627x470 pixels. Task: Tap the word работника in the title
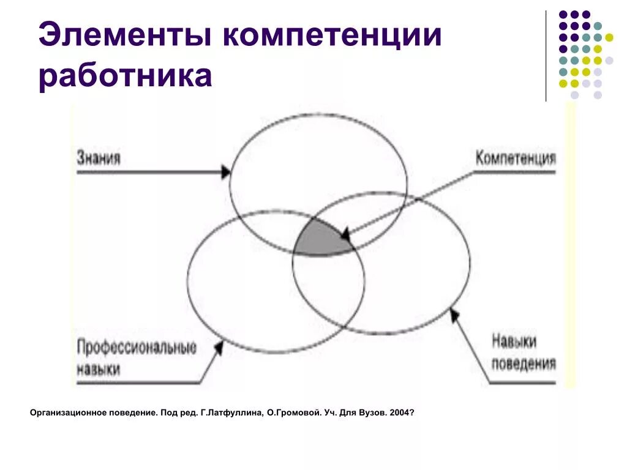click(x=126, y=78)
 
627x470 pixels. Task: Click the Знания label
click(x=99, y=158)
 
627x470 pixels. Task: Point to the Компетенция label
click(x=516, y=158)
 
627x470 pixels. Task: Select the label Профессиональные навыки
click(x=137, y=358)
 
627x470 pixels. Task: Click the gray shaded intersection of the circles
click(x=322, y=241)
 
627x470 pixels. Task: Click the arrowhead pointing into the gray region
click(x=345, y=234)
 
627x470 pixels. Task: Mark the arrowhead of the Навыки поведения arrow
click(x=454, y=314)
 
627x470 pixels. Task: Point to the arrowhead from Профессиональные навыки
click(x=217, y=348)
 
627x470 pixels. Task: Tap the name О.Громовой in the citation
click(x=291, y=413)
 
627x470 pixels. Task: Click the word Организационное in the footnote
click(x=64, y=413)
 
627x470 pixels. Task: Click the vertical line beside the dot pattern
click(x=546, y=55)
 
